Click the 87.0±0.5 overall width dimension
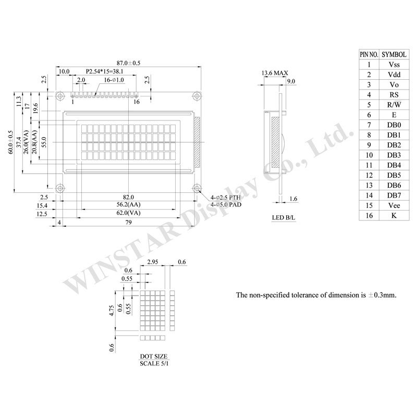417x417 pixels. tap(128, 63)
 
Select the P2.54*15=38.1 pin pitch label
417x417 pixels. tap(105, 71)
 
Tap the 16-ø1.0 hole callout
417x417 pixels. tap(114, 80)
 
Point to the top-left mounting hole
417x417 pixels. tap(60, 96)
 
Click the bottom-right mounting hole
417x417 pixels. tap(197, 188)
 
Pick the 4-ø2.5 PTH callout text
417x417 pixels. tap(226, 198)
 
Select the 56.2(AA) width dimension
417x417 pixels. tap(128, 204)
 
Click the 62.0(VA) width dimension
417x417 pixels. tap(128, 213)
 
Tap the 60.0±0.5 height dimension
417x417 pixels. tap(10, 142)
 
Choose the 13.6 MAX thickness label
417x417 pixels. tap(275, 73)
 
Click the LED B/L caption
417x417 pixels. tap(284, 217)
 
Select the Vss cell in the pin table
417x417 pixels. tap(394, 65)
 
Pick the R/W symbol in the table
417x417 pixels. tap(394, 105)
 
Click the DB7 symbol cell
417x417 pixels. tap(394, 195)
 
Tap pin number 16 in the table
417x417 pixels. tap(369, 215)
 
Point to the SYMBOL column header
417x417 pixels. tap(394, 55)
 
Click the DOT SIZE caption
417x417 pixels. tap(154, 357)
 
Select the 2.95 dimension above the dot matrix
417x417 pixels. tap(153, 262)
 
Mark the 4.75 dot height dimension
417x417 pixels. tap(112, 310)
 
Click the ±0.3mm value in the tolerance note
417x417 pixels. tap(382, 295)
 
